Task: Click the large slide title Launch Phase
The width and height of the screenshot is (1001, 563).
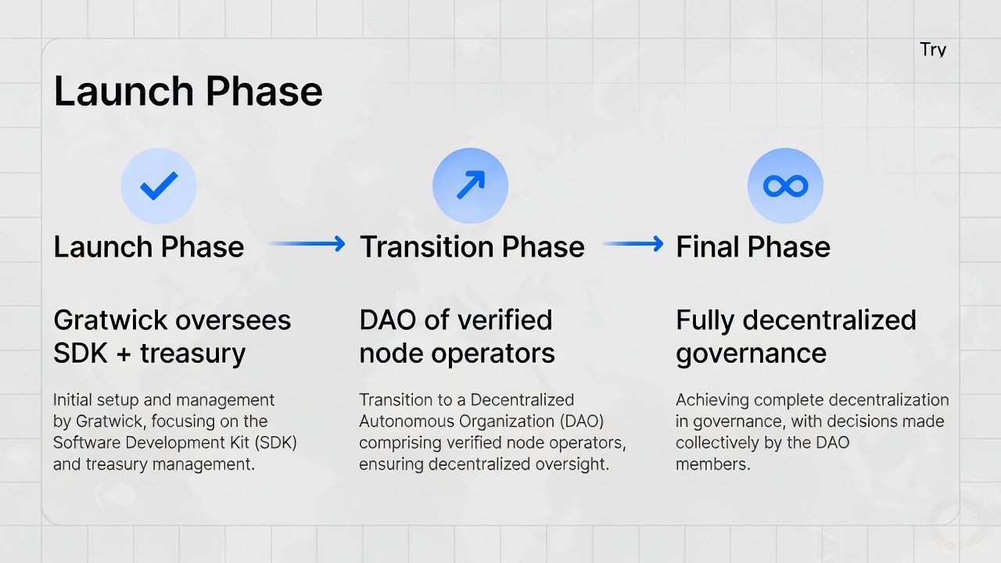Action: pos(188,91)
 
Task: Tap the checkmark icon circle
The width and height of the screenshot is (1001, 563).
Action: pos(159,185)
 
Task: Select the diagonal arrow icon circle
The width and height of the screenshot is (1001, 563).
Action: pos(470,185)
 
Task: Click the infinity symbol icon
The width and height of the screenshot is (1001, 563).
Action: pos(785,185)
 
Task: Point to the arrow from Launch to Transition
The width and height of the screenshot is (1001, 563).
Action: pos(307,244)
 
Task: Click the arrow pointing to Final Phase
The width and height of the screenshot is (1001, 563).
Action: pos(633,244)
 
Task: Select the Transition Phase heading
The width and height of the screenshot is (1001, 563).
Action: pos(472,247)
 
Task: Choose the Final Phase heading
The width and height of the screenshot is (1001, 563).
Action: pos(752,247)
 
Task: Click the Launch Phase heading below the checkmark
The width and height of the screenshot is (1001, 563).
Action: pos(149,247)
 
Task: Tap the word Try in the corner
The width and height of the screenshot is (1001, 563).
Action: pos(933,50)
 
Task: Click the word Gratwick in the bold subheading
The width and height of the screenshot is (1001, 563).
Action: pos(109,320)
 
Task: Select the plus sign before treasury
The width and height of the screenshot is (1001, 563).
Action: pos(123,354)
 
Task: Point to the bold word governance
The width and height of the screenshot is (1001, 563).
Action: pos(751,354)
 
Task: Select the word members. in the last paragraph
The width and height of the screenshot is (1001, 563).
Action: pos(712,464)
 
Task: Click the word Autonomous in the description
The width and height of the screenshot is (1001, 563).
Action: pos(407,421)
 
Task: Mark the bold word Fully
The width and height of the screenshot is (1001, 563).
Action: pos(704,320)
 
